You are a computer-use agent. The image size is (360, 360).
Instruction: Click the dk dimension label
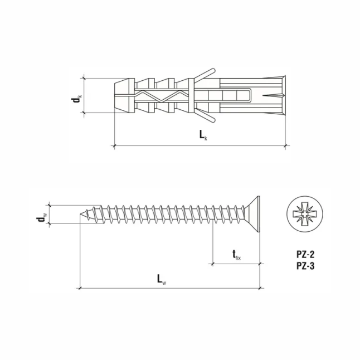coord(76,99)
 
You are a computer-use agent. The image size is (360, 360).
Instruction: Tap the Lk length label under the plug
coord(203,135)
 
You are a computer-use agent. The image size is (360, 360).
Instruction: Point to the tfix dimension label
coord(236,255)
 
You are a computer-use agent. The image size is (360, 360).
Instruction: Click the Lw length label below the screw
coord(162,279)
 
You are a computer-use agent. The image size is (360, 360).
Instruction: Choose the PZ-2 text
coord(305,255)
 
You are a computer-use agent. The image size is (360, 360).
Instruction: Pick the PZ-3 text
coord(305,266)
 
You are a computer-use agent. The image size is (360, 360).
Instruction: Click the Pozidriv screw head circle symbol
coord(305,215)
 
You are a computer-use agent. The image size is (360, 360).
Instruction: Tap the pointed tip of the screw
coord(80,215)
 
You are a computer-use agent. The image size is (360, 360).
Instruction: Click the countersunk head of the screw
coord(252,215)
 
